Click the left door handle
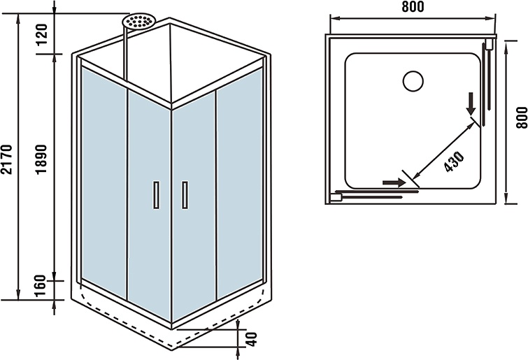[x=156, y=194]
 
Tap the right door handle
[x=185, y=194]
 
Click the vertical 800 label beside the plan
[x=519, y=116]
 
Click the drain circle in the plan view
[x=413, y=80]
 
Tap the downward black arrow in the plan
[x=472, y=105]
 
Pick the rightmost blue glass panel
[x=240, y=182]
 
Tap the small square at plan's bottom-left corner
[x=336, y=197]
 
